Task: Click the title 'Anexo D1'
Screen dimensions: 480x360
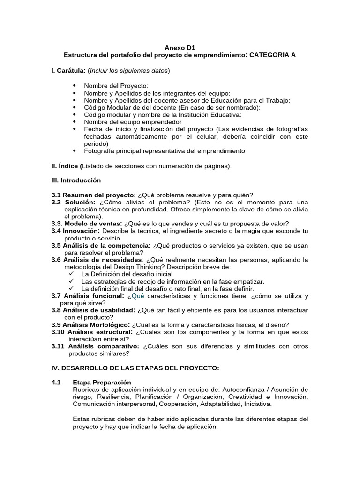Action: coord(180,47)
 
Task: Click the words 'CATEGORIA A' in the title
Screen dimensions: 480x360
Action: coord(272,55)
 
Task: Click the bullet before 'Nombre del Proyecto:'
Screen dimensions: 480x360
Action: coord(75,86)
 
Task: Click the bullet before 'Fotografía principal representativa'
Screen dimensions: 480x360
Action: coord(75,151)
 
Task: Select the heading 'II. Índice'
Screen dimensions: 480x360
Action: coord(66,165)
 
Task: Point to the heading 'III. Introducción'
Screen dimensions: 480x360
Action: coord(76,180)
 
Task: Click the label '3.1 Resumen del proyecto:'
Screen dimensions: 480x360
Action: coord(93,195)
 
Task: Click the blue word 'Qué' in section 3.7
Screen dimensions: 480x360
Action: coord(138,296)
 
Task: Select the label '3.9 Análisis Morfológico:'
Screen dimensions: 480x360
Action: coord(90,324)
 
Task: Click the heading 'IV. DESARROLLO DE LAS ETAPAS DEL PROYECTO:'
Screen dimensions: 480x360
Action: coord(135,368)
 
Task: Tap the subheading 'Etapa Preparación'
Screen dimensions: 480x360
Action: coord(102,382)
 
